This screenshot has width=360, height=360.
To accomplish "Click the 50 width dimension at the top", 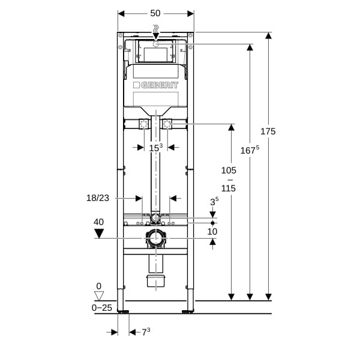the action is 155,13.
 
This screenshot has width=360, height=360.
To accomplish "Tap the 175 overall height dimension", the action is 268,131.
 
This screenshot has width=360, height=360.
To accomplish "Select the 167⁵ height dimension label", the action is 250,150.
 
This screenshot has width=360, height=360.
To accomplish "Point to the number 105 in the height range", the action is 229,170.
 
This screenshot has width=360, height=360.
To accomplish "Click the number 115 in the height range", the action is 229,188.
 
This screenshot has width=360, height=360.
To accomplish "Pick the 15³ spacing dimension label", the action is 156,148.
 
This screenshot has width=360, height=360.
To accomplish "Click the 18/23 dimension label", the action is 98,198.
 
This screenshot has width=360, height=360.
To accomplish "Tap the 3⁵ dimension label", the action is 214,202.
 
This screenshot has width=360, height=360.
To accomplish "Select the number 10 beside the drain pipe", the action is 212,232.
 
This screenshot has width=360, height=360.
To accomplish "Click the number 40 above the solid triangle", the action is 99,222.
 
